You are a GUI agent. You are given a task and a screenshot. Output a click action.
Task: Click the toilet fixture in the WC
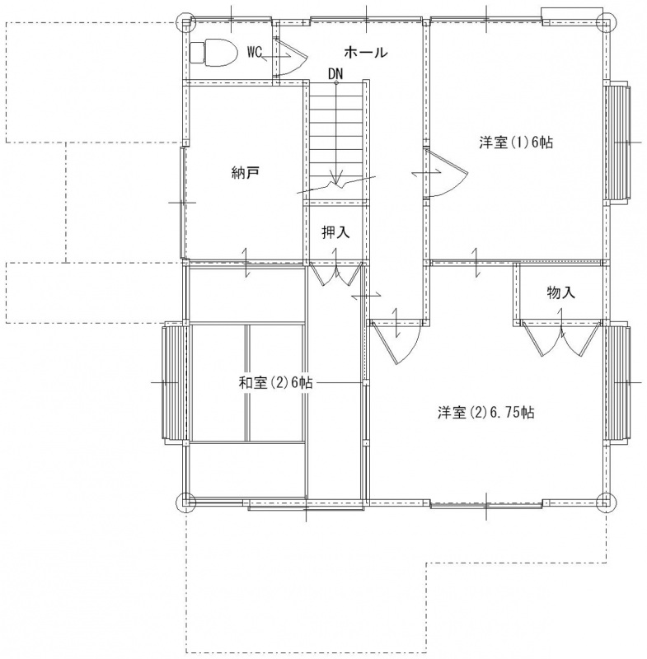pyautogui.click(x=213, y=53)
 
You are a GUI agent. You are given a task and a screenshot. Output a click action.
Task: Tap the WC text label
pyautogui.click(x=255, y=53)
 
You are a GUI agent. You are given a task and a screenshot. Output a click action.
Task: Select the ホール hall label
pyautogui.click(x=366, y=53)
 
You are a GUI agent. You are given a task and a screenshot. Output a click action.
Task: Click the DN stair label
pyautogui.click(x=335, y=74)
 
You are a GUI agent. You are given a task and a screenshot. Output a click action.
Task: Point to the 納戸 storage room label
pyautogui.click(x=245, y=172)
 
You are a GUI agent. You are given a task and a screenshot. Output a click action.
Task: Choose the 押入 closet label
pyautogui.click(x=335, y=232)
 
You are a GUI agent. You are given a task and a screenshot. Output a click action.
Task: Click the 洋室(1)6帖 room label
pyautogui.click(x=516, y=143)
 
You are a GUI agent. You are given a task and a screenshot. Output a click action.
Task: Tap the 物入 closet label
pyautogui.click(x=560, y=292)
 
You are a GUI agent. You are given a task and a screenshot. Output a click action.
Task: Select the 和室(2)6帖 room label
pyautogui.click(x=276, y=382)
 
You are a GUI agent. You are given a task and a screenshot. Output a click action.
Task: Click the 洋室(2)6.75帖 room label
pyautogui.click(x=486, y=413)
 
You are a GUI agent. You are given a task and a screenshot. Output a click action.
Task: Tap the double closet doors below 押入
pyautogui.click(x=336, y=273)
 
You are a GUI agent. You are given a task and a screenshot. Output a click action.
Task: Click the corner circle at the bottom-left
pyautogui.click(x=185, y=502)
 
